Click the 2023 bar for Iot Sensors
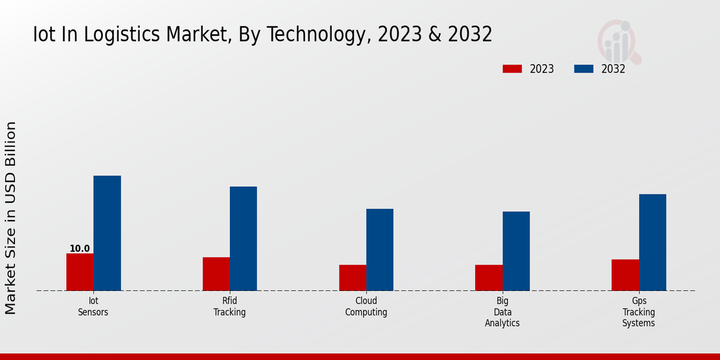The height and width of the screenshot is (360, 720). tap(80, 272)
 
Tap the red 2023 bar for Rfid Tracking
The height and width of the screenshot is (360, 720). tap(216, 274)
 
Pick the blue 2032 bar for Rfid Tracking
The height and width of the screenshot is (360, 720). tap(243, 238)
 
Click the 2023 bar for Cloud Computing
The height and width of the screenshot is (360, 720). tap(352, 277)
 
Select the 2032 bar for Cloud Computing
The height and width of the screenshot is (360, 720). tap(380, 250)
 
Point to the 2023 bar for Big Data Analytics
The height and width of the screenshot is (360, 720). tap(488, 277)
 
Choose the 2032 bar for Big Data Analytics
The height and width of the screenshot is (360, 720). tap(516, 251)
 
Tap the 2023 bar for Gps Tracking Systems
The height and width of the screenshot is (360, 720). tap(625, 275)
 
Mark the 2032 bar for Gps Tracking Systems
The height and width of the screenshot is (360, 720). tap(652, 242)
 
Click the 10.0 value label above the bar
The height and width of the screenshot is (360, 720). tap(80, 248)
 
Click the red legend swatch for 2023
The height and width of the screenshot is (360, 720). tap(512, 69)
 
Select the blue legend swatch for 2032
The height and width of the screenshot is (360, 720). tap(583, 69)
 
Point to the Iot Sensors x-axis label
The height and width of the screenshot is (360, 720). tap(93, 307)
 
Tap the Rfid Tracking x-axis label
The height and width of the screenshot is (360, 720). tap(230, 307)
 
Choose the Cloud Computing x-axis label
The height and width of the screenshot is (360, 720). tap(366, 307)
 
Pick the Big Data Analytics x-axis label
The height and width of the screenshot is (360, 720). tap(502, 312)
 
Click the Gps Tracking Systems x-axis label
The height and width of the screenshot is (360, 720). tap(638, 312)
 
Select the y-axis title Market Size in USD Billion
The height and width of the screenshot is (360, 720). tap(11, 217)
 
